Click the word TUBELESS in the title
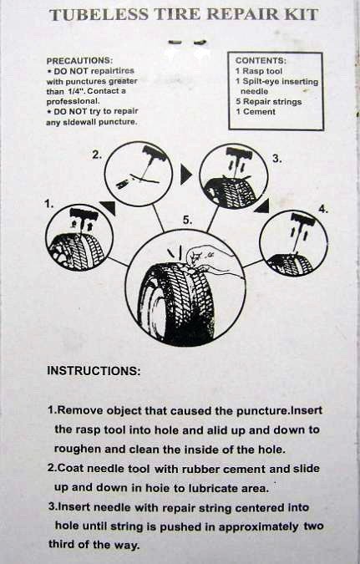(x=99, y=15)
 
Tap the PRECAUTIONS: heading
(x=79, y=60)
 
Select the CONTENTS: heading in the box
(x=261, y=60)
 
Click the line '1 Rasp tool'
(x=259, y=71)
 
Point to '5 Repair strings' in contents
(x=269, y=102)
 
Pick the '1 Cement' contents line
(x=256, y=112)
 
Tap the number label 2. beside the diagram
(x=97, y=155)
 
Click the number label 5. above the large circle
(x=187, y=220)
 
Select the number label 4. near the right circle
(x=323, y=209)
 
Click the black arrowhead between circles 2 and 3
(x=186, y=174)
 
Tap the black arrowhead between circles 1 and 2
(x=109, y=207)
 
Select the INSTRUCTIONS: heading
(x=94, y=371)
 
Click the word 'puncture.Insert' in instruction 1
(x=279, y=410)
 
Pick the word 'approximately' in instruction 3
(x=258, y=527)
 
